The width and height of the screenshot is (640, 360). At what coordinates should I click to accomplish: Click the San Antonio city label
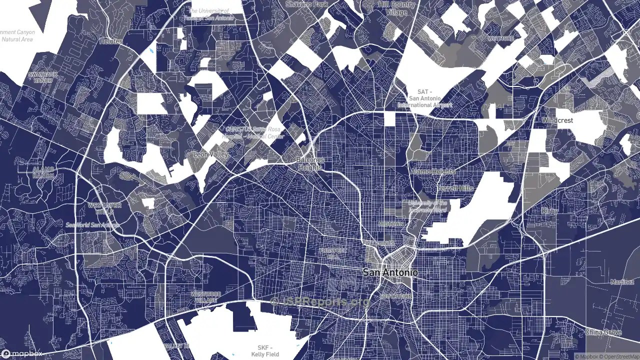tap(390, 273)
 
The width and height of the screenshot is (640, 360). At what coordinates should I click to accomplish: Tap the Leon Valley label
tap(210, 155)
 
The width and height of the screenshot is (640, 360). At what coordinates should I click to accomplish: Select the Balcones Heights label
tap(310, 164)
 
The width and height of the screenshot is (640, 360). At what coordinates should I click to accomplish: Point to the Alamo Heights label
tap(432, 171)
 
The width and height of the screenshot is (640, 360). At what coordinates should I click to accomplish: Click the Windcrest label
tap(557, 121)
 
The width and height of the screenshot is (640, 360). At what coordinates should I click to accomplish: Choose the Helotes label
tap(110, 41)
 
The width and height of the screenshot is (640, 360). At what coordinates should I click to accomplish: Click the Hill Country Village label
tap(396, 8)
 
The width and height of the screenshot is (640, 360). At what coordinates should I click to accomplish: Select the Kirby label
tap(549, 211)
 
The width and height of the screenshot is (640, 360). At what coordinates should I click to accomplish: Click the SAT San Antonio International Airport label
tap(424, 98)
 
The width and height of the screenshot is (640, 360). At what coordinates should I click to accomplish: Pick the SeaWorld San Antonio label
tap(92, 225)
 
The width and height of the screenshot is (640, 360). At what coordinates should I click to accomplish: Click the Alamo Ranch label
tap(43, 172)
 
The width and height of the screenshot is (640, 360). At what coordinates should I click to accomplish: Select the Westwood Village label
tap(205, 296)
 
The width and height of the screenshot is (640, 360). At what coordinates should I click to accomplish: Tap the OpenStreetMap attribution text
tap(619, 356)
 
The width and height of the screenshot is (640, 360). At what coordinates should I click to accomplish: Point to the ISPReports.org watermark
tap(320, 301)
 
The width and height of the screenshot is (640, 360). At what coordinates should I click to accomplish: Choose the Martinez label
tap(622, 282)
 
